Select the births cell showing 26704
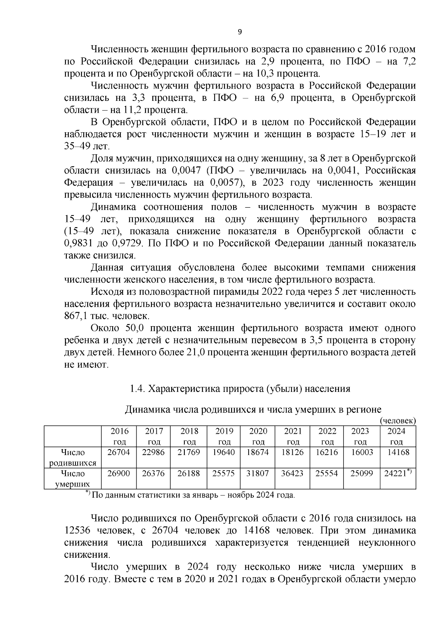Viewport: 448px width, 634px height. tap(118, 452)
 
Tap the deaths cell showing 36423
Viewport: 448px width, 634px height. tap(293, 474)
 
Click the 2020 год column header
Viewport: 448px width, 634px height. tap(258, 436)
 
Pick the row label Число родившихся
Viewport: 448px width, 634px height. tap(73, 458)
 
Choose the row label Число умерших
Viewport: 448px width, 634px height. tap(73, 479)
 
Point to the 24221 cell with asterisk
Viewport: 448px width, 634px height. tap(398, 473)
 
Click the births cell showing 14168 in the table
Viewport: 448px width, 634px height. tap(398, 452)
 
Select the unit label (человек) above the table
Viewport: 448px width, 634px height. tap(398, 421)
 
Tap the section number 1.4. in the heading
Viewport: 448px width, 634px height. tap(137, 389)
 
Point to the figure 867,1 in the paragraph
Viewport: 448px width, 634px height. tap(76, 316)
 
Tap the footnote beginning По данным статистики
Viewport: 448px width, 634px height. tap(193, 496)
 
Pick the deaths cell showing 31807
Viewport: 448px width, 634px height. tap(258, 474)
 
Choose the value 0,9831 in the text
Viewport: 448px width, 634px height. tap(78, 244)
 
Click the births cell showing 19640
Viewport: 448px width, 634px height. tap(224, 452)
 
